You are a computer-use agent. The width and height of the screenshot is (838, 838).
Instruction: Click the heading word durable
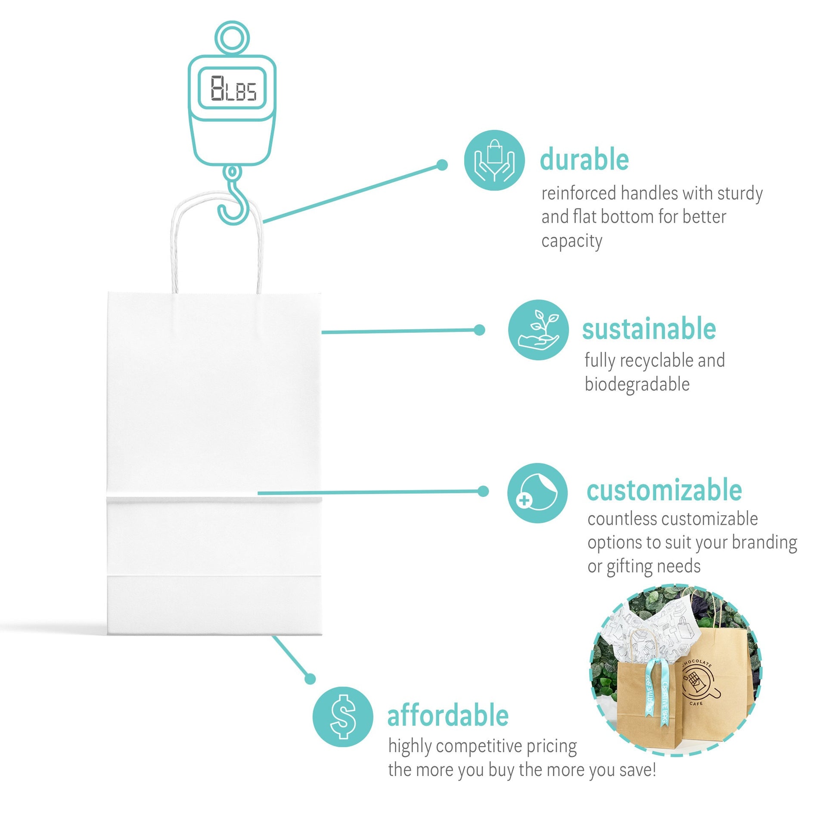(584, 160)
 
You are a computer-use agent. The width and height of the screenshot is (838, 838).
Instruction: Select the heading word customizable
(664, 490)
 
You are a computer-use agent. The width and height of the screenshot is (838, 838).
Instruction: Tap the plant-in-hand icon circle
(539, 330)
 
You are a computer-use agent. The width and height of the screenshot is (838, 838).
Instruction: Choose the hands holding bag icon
(494, 160)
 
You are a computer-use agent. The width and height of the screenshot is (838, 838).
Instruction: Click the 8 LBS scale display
(232, 88)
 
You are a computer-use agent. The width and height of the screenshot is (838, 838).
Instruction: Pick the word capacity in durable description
(572, 241)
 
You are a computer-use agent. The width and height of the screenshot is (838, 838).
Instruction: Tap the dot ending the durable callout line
(442, 165)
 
